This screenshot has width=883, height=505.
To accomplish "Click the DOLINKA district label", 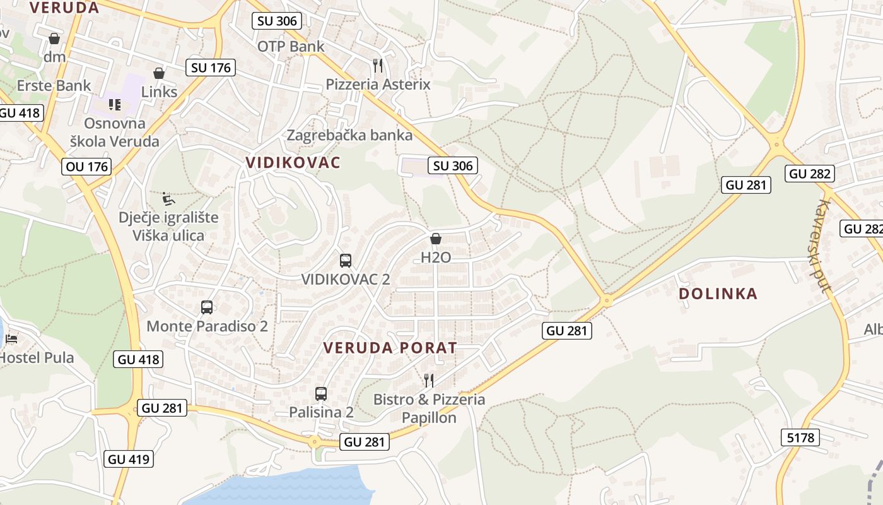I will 718,294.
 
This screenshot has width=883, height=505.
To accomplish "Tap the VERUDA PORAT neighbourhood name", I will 390,348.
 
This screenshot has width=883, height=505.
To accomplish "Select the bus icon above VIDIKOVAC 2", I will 346,260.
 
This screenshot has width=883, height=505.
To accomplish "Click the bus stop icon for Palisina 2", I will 321,394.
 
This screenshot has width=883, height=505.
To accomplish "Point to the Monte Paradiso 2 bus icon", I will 207,307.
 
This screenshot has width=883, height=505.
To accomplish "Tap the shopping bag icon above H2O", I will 435,239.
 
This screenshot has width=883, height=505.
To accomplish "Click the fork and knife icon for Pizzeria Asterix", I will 378,65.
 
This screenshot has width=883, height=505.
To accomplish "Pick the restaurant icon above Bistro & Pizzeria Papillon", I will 429,380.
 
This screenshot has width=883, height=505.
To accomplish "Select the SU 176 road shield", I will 211,68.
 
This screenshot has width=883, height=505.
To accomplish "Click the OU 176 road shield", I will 86,167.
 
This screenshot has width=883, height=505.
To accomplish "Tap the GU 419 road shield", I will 129,459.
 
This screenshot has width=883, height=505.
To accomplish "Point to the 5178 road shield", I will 800,437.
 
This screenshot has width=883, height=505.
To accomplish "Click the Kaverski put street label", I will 817,246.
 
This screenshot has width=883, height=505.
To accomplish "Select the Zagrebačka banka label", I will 349,135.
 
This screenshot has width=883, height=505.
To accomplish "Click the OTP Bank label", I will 291,46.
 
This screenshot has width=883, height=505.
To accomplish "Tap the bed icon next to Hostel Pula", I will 11,339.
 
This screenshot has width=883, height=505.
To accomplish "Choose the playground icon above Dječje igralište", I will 168,199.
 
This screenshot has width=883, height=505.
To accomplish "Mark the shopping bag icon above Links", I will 159,74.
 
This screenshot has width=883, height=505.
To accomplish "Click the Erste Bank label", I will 54,85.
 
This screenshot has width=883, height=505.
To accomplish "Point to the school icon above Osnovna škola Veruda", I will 114,104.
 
